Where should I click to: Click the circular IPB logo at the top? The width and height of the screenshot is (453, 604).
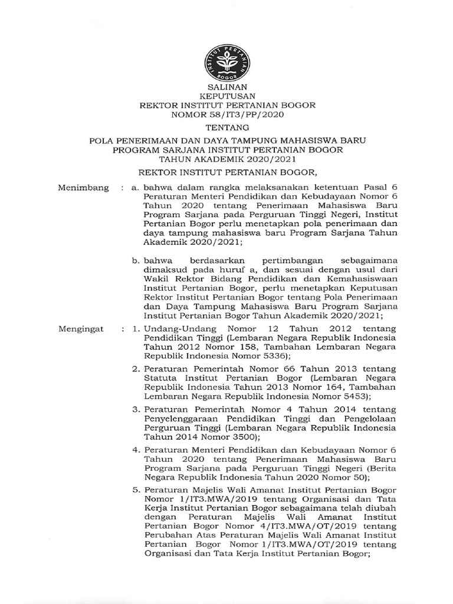(227, 63)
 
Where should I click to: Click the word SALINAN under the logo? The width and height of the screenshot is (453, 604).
(227, 87)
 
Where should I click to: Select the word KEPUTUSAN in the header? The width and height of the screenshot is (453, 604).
(227, 96)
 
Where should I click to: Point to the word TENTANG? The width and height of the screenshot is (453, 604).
(227, 127)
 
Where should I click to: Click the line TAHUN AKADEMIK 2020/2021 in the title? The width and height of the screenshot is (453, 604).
(227, 159)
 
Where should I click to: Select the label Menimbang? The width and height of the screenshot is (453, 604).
(83, 188)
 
